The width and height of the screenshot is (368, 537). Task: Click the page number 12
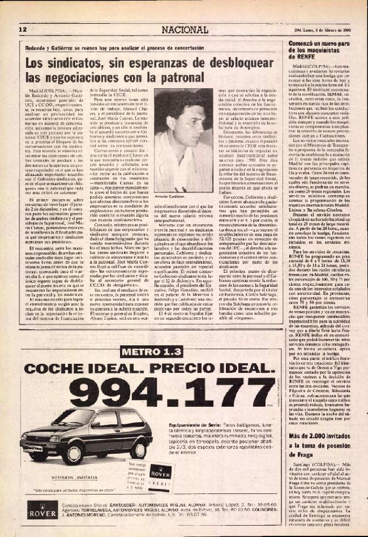23,29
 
